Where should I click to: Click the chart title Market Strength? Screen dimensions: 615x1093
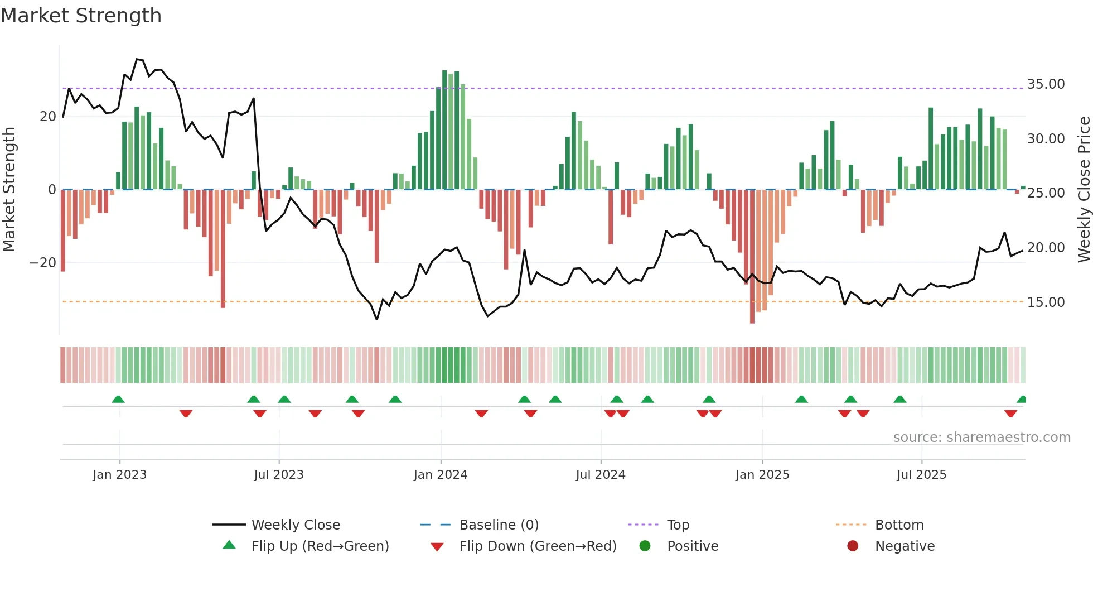point(81,16)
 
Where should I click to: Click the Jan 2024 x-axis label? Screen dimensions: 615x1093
point(440,475)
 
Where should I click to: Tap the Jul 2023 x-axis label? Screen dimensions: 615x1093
point(279,475)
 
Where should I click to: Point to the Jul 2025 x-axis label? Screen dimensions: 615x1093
point(921,475)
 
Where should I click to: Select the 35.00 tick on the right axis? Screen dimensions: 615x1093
point(1046,84)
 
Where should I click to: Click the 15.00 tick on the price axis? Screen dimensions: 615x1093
point(1046,302)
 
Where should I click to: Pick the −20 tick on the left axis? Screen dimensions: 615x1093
point(43,263)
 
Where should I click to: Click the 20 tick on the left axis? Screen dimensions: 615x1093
point(48,117)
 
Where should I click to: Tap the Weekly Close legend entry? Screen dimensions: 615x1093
point(295,525)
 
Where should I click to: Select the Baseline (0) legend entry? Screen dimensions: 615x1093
point(499,525)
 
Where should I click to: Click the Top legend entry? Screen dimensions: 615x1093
point(678,525)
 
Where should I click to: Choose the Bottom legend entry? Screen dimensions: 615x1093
point(899,525)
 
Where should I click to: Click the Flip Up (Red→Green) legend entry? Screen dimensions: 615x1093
point(320,546)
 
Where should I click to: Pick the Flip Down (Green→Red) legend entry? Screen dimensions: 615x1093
point(538,546)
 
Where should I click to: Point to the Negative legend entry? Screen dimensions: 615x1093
point(904,546)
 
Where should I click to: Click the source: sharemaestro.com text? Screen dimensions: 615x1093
point(981,438)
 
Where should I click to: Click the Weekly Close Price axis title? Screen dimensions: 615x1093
point(1084,190)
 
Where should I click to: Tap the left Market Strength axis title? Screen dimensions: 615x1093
point(9,190)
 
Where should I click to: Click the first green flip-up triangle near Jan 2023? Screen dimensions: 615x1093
point(118,400)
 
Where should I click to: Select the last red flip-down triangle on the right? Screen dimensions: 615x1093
point(1010,414)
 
